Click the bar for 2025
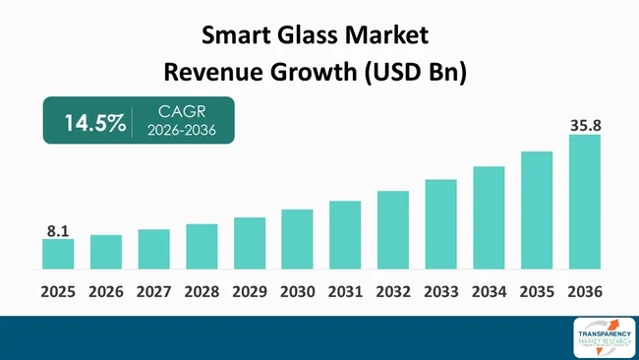[58, 254]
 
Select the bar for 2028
[202, 246]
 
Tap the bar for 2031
[345, 234]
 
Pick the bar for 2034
[489, 217]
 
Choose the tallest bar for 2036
[584, 202]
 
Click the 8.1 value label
[58, 231]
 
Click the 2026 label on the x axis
[106, 292]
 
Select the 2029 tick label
[250, 292]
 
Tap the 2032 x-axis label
[393, 292]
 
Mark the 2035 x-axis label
[537, 292]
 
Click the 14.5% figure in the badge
[94, 123]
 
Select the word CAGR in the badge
[181, 112]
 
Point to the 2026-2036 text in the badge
[181, 132]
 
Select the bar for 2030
[297, 239]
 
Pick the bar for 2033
[440, 224]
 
